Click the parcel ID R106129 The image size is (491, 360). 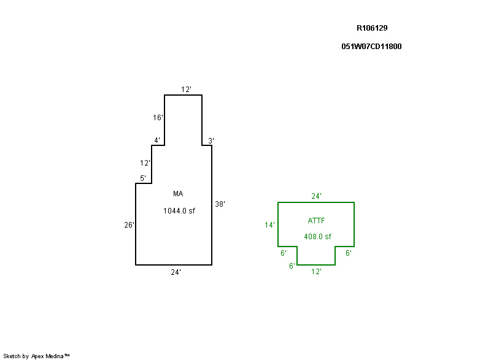pyautogui.click(x=372, y=28)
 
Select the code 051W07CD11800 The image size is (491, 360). pyautogui.click(x=371, y=46)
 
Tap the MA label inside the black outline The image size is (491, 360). pyautogui.click(x=178, y=194)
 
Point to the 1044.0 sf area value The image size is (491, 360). pyautogui.click(x=179, y=211)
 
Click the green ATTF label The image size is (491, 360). pyautogui.click(x=317, y=220)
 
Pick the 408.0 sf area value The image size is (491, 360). pyautogui.click(x=317, y=237)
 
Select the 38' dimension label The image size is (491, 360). pyautogui.click(x=220, y=204)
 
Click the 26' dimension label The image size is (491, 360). pyautogui.click(x=129, y=225)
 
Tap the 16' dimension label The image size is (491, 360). pyautogui.click(x=158, y=117)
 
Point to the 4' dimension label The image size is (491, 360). pyautogui.click(x=157, y=140)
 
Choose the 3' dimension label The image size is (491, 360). pyautogui.click(x=211, y=140)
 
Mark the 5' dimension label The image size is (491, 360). pyautogui.click(x=142, y=178)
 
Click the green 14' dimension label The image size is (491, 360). pyautogui.click(x=269, y=225)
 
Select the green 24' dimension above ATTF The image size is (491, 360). pyautogui.click(x=316, y=196)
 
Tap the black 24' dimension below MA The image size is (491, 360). pyautogui.click(x=176, y=272)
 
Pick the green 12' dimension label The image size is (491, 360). pyautogui.click(x=316, y=271)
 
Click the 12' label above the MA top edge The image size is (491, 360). pyautogui.click(x=186, y=90)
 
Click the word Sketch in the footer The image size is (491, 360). pyautogui.click(x=12, y=356)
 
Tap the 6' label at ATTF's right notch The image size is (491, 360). pyautogui.click(x=348, y=253)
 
